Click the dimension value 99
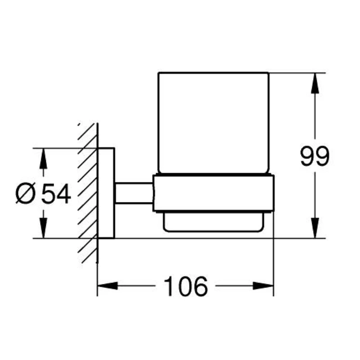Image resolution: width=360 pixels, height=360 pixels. click(x=315, y=156)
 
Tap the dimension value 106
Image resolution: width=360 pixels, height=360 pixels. click(x=185, y=286)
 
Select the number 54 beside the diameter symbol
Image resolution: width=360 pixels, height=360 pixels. click(x=56, y=194)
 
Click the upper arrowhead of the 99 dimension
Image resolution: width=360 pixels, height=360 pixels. click(x=315, y=83)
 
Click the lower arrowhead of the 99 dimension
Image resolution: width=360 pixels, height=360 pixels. click(x=315, y=228)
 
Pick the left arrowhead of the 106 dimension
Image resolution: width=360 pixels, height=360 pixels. click(x=108, y=286)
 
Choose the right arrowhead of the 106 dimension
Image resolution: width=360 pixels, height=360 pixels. click(x=263, y=286)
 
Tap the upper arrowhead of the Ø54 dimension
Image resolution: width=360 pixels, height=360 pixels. click(x=43, y=159)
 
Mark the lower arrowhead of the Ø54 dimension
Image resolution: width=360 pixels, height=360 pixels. click(x=43, y=228)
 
